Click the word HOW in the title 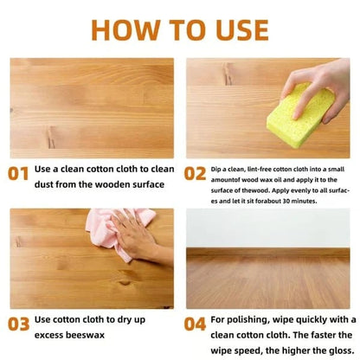pyautogui.click(x=125, y=30)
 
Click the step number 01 pyautogui.click(x=18, y=174)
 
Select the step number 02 pyautogui.click(x=195, y=174)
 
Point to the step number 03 pyautogui.click(x=18, y=324)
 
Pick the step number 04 pyautogui.click(x=195, y=324)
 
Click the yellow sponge pyautogui.click(x=300, y=115)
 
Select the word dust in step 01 pyautogui.click(x=43, y=184)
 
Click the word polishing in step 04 pyautogui.click(x=248, y=320)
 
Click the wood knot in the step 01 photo pyautogui.click(x=51, y=138)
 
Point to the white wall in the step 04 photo pyautogui.click(x=268, y=228)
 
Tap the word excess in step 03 pyautogui.click(x=48, y=335)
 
